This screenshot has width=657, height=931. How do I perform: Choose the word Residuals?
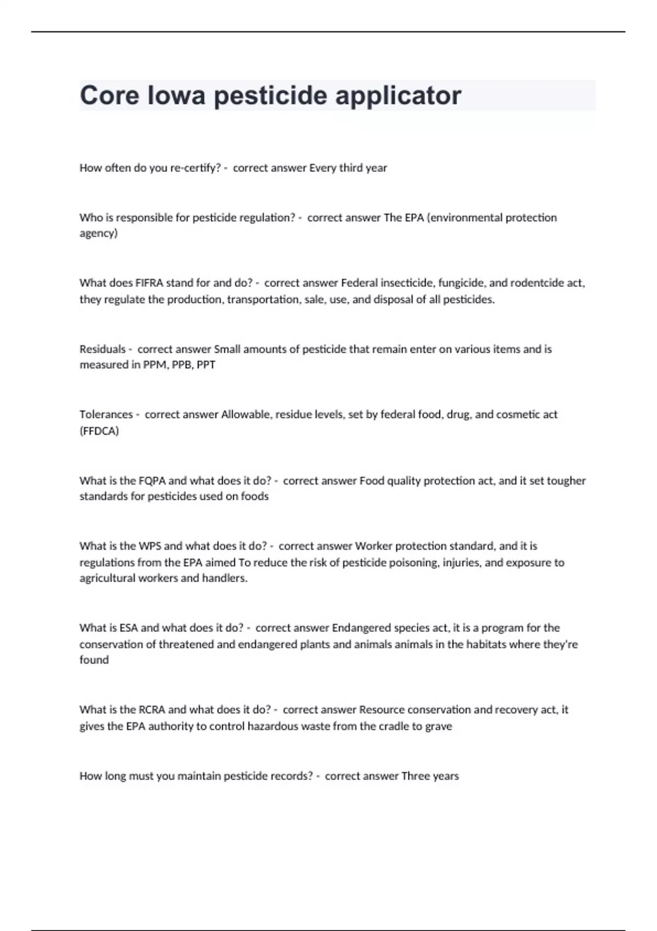pos(102,349)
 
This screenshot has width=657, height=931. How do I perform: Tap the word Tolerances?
pos(106,415)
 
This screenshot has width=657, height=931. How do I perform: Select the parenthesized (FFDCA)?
pos(99,431)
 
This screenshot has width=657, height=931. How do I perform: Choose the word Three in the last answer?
pos(416,776)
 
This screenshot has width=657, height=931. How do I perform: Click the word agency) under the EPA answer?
pos(99,234)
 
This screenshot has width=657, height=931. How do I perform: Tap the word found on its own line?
pos(94,660)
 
